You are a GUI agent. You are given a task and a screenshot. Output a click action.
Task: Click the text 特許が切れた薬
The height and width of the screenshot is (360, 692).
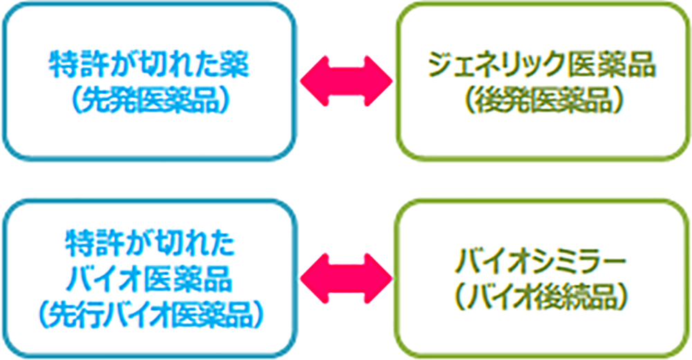pos(149,66)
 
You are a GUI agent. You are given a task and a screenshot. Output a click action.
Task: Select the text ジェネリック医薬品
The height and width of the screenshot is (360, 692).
pos(543,66)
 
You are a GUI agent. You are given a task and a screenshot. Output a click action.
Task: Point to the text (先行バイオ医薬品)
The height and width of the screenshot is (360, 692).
pos(149,315)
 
